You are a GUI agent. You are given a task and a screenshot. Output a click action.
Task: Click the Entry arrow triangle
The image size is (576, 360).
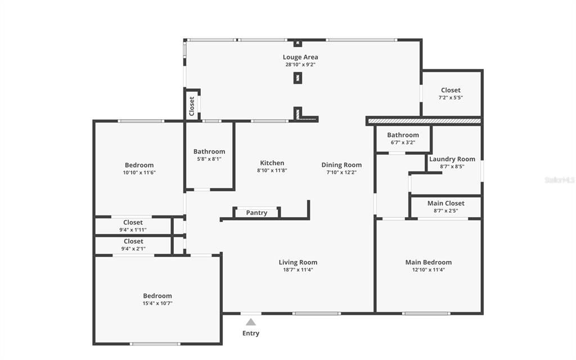[x=251, y=322]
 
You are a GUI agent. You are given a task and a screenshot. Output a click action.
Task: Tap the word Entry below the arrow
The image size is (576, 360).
[x=251, y=333]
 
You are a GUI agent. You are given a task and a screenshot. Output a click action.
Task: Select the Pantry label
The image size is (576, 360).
[x=256, y=213]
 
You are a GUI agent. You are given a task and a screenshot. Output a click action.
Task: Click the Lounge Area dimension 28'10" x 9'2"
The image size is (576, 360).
[x=300, y=65]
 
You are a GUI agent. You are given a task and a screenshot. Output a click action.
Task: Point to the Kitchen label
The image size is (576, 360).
[x=272, y=163]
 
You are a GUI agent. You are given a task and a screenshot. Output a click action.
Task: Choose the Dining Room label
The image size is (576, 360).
[x=341, y=165]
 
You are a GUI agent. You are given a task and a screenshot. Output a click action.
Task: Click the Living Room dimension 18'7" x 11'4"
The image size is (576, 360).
[x=298, y=270]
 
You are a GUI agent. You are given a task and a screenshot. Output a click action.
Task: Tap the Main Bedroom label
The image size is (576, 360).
[x=429, y=262]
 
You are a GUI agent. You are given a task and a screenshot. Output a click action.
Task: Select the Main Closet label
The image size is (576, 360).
[x=446, y=203]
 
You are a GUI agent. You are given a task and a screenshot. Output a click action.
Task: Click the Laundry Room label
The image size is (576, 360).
[x=452, y=159]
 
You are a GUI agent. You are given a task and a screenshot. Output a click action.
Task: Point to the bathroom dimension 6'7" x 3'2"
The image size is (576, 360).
[x=403, y=142]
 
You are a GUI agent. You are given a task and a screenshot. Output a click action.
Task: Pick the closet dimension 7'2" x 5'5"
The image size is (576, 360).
[x=451, y=98]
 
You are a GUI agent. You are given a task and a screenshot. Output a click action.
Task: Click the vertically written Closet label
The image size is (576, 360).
[x=192, y=106]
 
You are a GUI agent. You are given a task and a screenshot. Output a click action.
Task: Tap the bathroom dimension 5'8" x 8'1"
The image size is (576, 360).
[x=209, y=159]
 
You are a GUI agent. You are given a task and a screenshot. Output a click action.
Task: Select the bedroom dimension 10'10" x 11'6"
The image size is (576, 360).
[x=139, y=173]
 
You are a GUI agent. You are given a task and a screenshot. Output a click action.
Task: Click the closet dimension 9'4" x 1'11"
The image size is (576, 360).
[x=133, y=230]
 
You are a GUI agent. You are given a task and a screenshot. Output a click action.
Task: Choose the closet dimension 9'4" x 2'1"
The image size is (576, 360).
[x=133, y=249]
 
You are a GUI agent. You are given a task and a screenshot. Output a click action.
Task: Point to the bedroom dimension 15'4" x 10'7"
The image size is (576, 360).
[x=157, y=303]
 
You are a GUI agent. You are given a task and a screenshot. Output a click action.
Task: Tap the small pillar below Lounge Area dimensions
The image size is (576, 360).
[x=298, y=78]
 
